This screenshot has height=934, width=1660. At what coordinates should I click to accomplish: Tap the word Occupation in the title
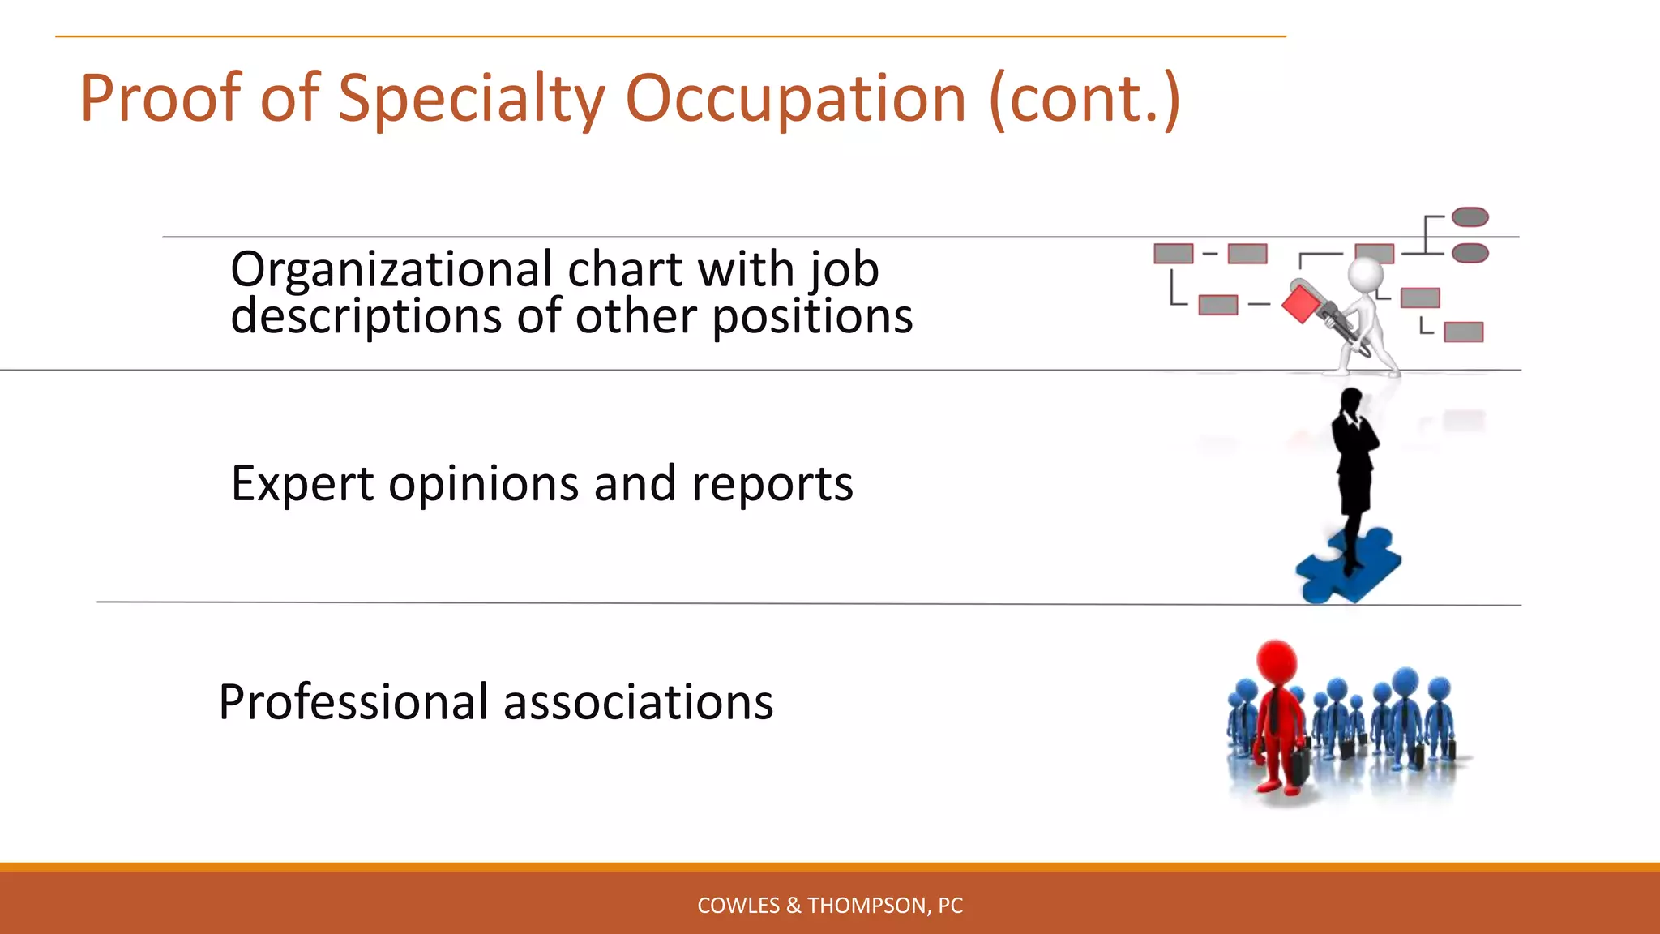click(795, 99)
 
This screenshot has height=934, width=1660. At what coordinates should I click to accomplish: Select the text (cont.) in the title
click(1084, 99)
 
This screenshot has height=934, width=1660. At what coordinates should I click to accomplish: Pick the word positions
click(812, 316)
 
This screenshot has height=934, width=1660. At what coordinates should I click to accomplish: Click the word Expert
click(302, 484)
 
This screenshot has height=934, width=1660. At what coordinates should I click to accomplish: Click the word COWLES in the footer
click(738, 906)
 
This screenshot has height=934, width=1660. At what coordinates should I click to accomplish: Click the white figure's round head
click(1366, 274)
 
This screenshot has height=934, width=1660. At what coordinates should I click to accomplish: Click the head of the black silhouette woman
click(1351, 401)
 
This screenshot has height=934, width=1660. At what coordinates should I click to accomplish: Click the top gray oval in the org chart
click(1470, 217)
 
